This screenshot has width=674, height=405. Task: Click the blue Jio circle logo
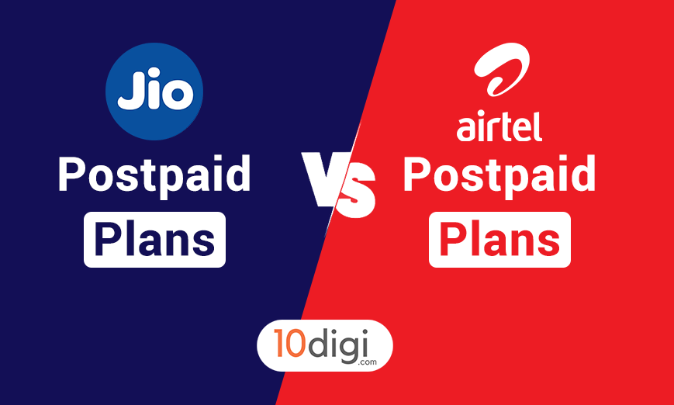[x=154, y=91]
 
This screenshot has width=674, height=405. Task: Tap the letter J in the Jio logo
[x=129, y=89]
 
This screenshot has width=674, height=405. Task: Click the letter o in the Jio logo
[x=175, y=95]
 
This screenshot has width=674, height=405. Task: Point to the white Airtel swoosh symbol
[x=501, y=69]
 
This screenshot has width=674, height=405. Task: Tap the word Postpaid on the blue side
[x=154, y=175]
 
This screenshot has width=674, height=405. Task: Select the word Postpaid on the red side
[x=499, y=175]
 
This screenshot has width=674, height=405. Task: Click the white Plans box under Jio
[x=155, y=240]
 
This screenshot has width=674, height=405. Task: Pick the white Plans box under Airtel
[x=499, y=240]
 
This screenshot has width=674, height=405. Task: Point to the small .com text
[x=366, y=362]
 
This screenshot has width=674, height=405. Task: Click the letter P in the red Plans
[x=453, y=239]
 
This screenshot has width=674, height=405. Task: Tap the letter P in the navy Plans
[x=108, y=239]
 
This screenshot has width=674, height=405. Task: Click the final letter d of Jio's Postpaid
[x=237, y=174]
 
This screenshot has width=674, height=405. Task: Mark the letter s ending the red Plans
[x=548, y=243]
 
